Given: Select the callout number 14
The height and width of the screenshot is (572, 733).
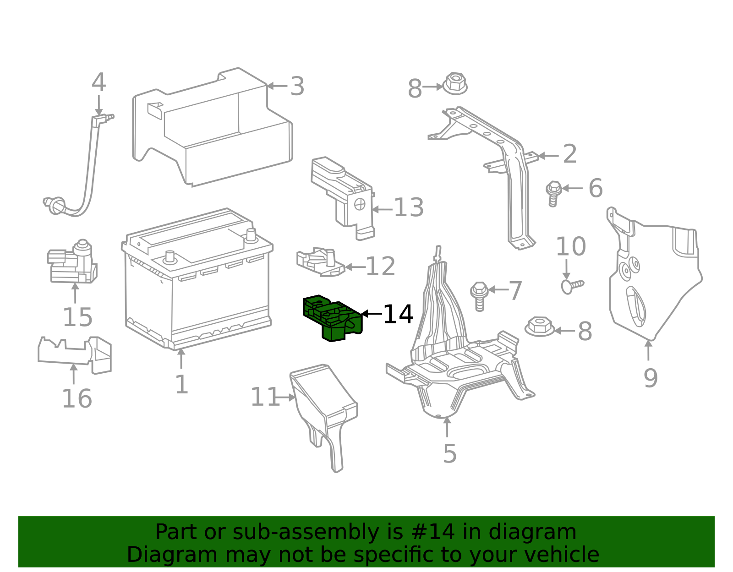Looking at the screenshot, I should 398,315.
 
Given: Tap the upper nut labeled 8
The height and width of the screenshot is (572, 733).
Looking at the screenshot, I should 454,84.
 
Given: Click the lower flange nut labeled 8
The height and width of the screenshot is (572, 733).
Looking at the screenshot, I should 539,327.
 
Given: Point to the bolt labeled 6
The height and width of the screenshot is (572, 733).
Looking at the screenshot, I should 553,194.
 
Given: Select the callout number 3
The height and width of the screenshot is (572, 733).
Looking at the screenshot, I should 297,87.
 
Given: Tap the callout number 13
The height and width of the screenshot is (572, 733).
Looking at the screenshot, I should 409,208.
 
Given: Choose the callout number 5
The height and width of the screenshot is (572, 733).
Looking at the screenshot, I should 449,454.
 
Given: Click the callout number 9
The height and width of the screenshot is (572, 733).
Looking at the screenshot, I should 650,378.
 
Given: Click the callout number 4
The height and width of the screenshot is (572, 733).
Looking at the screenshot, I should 98,83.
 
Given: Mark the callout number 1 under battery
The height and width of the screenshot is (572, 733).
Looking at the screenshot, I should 181,385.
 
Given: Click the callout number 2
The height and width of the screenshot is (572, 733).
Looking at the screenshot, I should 569,154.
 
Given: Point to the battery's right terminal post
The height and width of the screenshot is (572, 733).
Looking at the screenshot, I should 250,235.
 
